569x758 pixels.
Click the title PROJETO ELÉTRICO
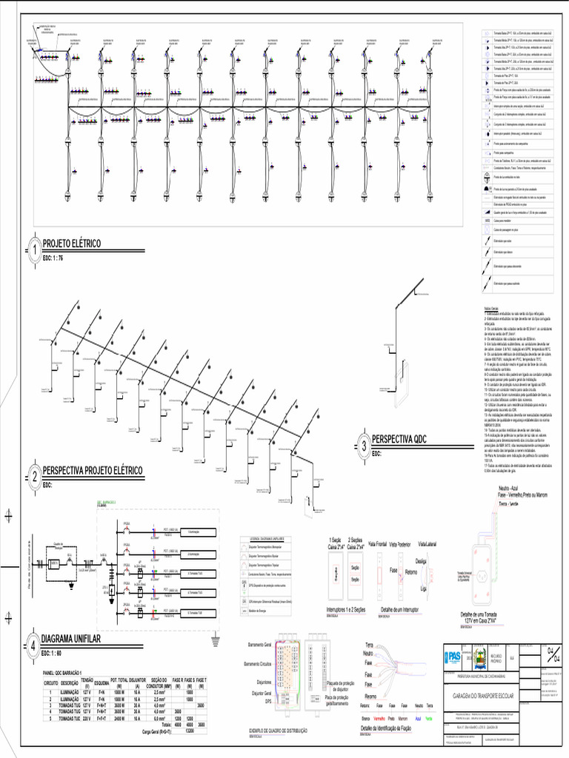pyautogui.click(x=71, y=244)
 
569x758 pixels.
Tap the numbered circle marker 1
pyautogui.click(x=34, y=249)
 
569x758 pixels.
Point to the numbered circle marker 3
pyautogui.click(x=364, y=445)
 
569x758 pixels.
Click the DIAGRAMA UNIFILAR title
pyautogui.click(x=71, y=638)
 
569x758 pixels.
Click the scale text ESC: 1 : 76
pyautogui.click(x=53, y=258)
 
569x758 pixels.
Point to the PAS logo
pyautogui.click(x=451, y=656)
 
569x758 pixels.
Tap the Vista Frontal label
pyautogui.click(x=379, y=544)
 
